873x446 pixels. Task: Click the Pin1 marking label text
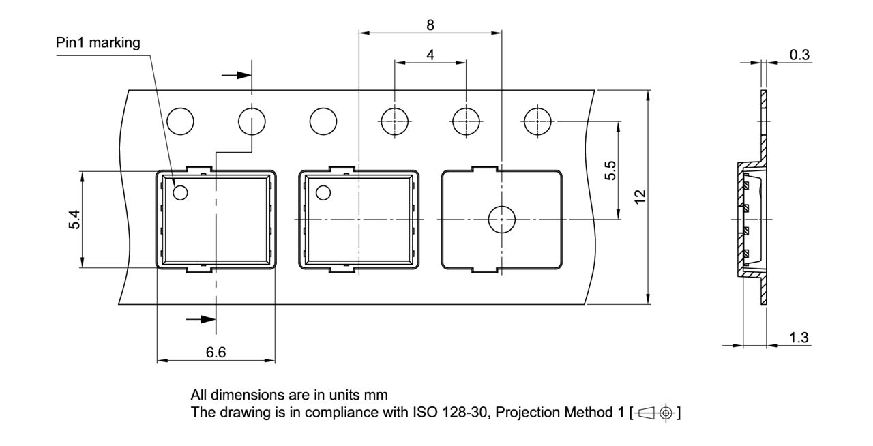point(98,43)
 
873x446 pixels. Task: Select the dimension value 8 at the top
point(430,25)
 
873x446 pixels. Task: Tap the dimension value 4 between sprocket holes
point(430,55)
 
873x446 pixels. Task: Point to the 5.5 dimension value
point(610,170)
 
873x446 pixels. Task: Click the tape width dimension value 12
point(640,196)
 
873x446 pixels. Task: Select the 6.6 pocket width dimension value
point(216,352)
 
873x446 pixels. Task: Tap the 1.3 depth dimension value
point(799,338)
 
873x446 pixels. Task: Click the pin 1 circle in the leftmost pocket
point(180,193)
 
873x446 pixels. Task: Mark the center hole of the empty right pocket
point(501,219)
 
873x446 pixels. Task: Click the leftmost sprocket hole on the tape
point(180,122)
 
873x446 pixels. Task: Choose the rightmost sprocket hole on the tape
point(537,122)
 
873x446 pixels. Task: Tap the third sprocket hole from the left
point(323,122)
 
